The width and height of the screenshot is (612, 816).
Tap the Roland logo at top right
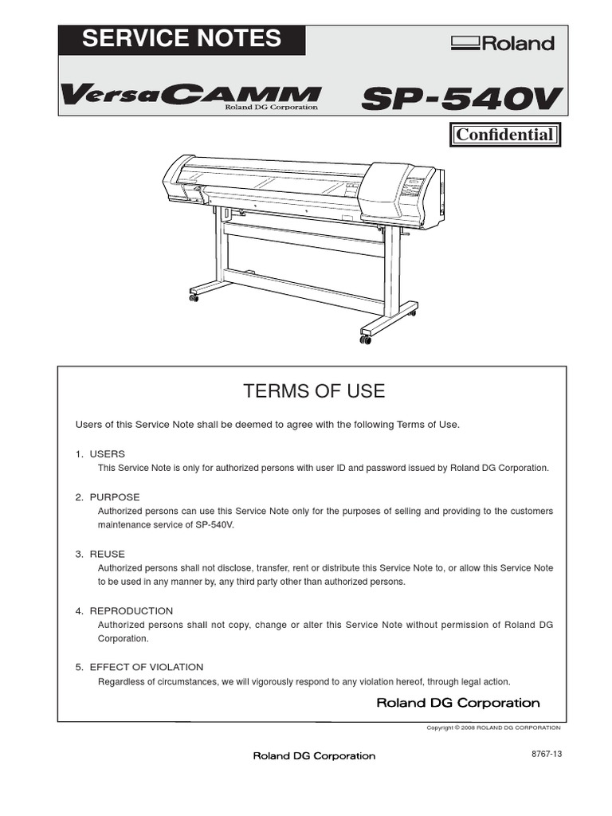tap(502, 43)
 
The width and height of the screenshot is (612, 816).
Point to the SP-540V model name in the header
tap(462, 99)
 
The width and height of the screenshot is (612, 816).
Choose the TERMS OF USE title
tap(313, 391)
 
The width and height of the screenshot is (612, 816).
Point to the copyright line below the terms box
tap(494, 728)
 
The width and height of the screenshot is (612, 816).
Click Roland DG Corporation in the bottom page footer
tap(314, 755)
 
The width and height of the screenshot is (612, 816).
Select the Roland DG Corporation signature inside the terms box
tap(457, 703)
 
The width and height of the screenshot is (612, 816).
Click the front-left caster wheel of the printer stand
tap(194, 298)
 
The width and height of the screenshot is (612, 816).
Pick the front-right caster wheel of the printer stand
tap(365, 340)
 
